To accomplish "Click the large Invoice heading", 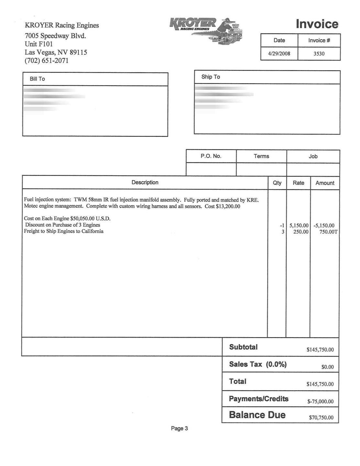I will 317,24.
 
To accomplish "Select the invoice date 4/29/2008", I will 279,54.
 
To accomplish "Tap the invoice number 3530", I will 319,54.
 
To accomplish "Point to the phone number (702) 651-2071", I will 47,61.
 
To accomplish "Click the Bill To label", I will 37,79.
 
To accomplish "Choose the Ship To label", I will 211,77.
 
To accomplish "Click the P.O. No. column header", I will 211,156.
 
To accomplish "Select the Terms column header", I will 261,156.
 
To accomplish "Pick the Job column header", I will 313,156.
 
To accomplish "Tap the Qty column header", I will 277,183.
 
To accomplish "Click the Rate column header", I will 298,183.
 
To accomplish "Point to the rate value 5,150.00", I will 299,226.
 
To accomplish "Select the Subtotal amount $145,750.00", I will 320,350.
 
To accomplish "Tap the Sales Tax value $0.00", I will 327,367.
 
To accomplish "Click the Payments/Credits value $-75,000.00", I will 320,402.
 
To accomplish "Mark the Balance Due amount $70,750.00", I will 321,418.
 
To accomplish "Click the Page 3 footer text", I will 179,429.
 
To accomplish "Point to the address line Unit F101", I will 39,44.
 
